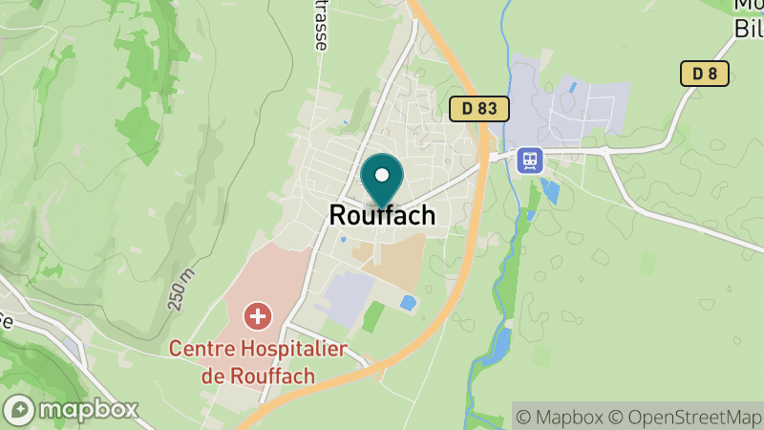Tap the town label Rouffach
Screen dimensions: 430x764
click(x=382, y=215)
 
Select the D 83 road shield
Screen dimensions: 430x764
click(x=479, y=108)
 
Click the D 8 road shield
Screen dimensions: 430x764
click(x=705, y=74)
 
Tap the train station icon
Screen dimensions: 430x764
click(x=529, y=160)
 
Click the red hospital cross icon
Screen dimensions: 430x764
click(x=257, y=315)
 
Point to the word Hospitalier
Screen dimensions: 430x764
click(x=285, y=348)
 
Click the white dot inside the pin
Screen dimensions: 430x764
click(x=382, y=176)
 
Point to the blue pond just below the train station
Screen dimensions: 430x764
click(x=550, y=189)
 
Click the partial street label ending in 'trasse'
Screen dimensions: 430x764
click(x=320, y=24)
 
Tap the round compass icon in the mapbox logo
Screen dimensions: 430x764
click(x=18, y=410)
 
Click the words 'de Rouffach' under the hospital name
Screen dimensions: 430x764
click(x=258, y=375)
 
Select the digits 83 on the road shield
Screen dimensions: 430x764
click(x=488, y=108)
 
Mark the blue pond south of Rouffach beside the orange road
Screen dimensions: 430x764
click(x=408, y=303)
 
